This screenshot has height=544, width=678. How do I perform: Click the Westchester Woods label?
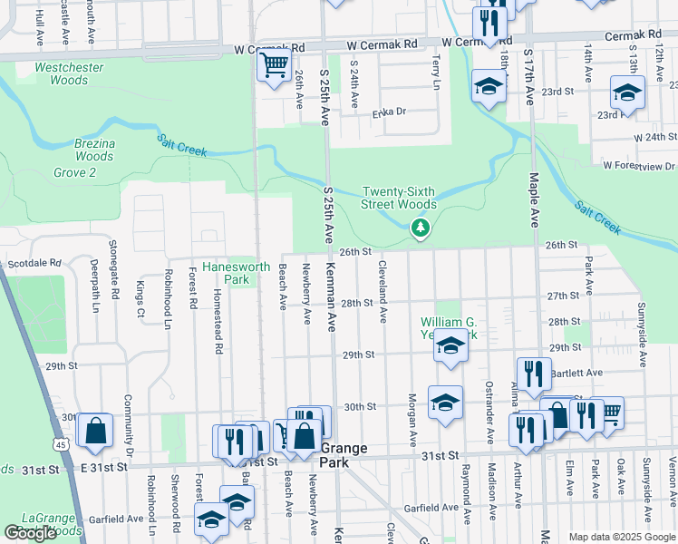[62, 73]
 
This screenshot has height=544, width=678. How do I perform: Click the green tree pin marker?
[420, 228]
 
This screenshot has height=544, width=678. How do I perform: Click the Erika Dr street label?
[390, 113]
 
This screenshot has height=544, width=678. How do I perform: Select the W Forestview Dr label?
[640, 166]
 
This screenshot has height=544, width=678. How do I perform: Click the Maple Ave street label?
[535, 201]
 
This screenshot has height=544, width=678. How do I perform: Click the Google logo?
[30, 534]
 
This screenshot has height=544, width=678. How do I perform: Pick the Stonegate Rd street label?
[115, 277]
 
